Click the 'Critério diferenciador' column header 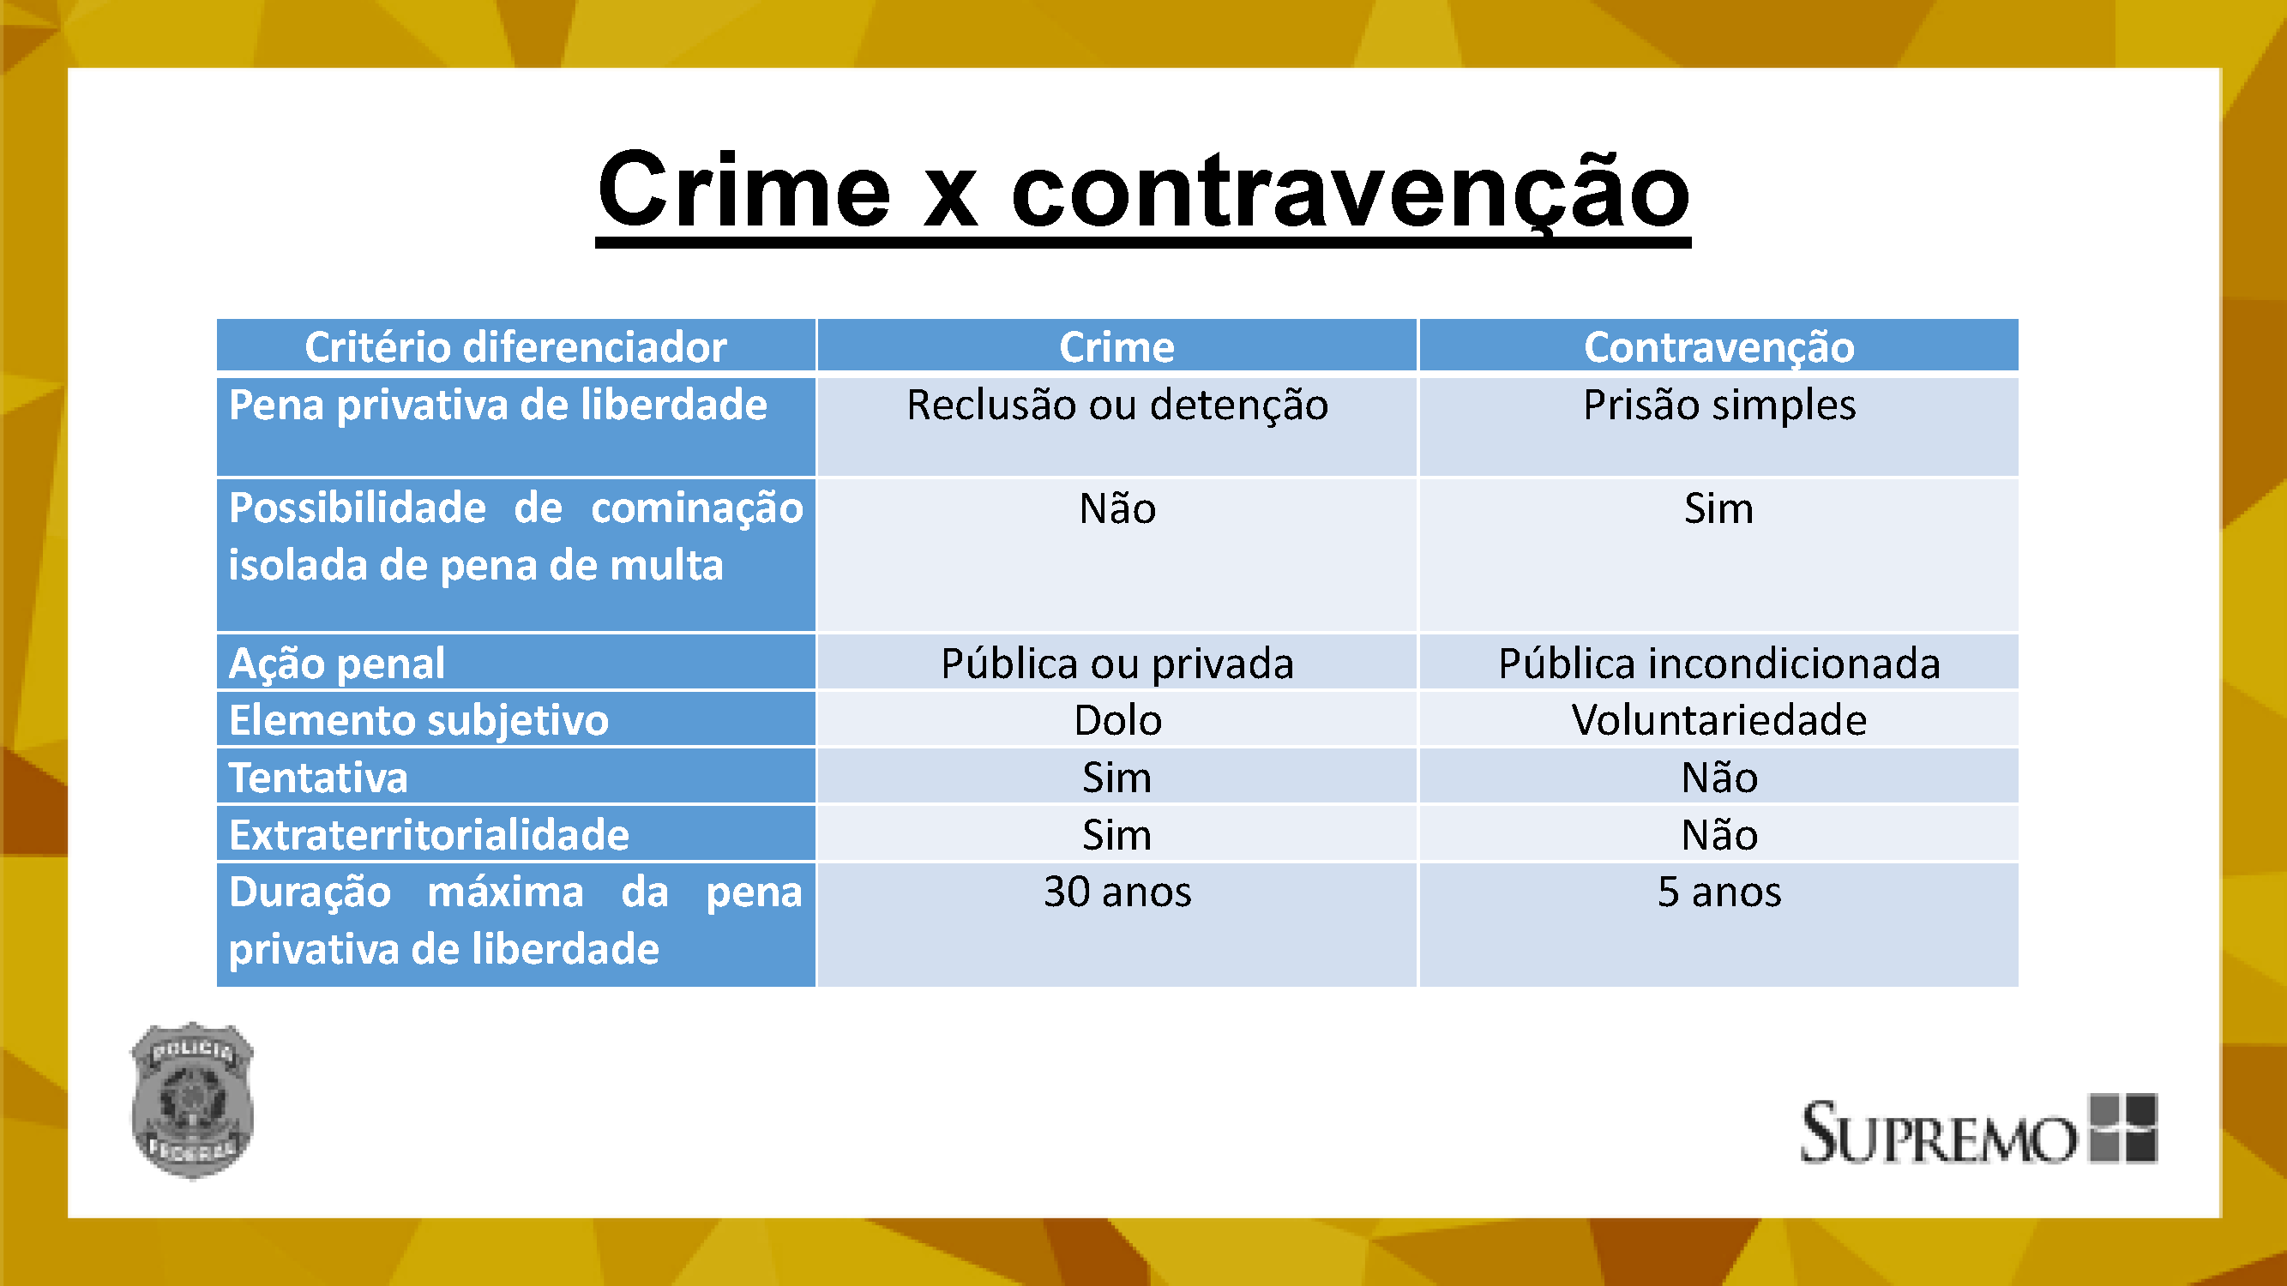point(516,347)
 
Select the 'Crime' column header point(1116,347)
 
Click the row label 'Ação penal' point(337,664)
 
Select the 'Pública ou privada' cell point(1116,664)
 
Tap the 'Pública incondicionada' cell point(1718,664)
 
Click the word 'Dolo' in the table point(1116,720)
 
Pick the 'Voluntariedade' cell point(1718,720)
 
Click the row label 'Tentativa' point(319,778)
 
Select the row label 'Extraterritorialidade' point(430,835)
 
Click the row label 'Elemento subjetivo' point(419,721)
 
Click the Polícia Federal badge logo point(193,1101)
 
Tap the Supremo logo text point(1938,1133)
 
